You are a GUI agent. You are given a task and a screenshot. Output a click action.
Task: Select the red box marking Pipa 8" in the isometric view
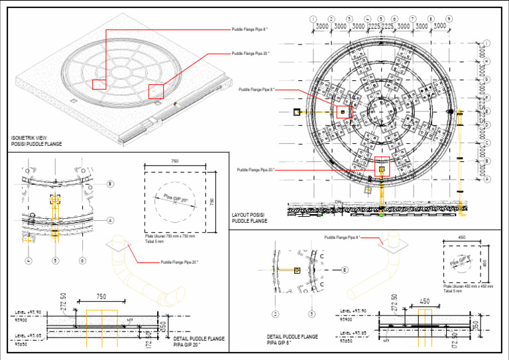point(99,84)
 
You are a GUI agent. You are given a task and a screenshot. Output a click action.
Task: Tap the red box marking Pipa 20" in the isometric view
point(156,91)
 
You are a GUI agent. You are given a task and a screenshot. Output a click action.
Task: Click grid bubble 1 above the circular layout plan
point(313,19)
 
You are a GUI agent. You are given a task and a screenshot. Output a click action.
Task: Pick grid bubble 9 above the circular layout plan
point(449,19)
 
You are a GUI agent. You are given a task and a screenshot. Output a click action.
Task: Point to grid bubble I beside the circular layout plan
point(487,44)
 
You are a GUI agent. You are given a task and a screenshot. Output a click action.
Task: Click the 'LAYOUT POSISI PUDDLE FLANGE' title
point(249,217)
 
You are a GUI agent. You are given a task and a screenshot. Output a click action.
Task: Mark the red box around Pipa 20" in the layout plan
point(382,169)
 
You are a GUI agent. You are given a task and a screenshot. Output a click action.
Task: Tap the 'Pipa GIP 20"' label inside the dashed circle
point(175,199)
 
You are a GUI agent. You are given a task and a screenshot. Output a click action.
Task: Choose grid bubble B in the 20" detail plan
point(110,184)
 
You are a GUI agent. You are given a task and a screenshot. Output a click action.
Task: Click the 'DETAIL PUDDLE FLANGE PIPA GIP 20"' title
point(199,341)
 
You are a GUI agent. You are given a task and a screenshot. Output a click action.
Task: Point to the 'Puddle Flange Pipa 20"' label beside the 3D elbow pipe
point(179,262)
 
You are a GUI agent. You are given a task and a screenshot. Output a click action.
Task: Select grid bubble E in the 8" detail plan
point(345,270)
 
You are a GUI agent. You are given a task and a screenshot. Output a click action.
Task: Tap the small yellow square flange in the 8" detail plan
point(297,270)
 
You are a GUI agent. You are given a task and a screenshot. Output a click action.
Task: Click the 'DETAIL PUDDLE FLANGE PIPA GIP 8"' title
point(292,340)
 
